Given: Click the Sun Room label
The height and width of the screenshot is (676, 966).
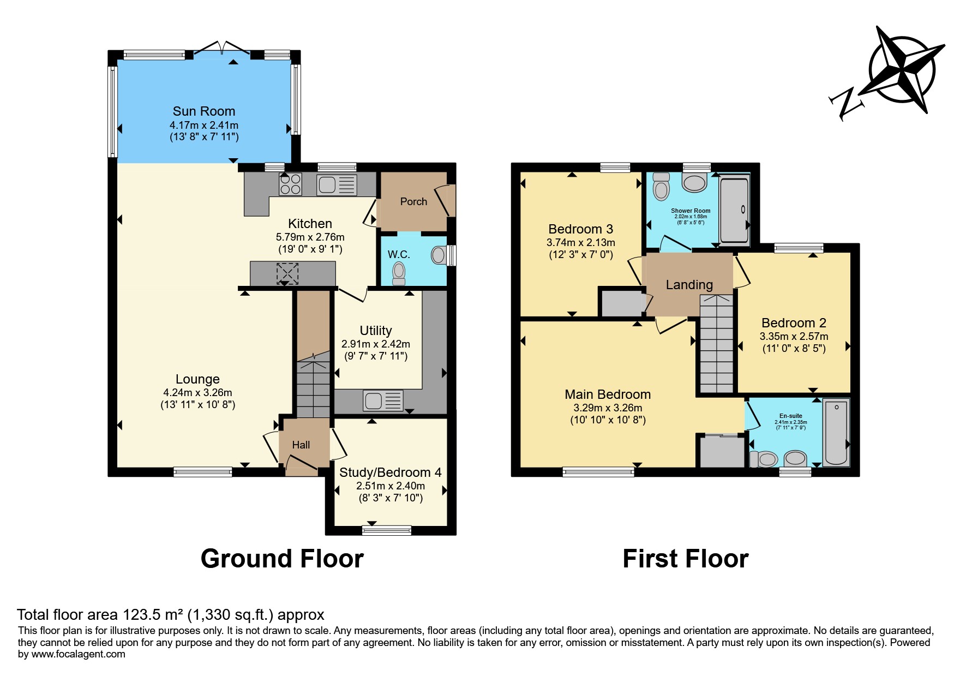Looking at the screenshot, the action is point(204,111).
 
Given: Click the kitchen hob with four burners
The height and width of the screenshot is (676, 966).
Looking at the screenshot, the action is point(290,183).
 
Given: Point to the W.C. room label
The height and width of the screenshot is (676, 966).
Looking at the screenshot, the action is point(399,255).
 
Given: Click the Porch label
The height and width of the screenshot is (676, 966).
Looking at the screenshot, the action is point(413,202).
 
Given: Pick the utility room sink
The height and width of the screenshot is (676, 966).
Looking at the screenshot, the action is point(383,401).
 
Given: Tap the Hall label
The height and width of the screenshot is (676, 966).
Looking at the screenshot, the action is point(301,445).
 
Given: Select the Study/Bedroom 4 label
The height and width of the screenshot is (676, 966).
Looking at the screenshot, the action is point(391,472).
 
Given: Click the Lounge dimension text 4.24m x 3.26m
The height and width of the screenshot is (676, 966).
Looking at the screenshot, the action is point(197,392).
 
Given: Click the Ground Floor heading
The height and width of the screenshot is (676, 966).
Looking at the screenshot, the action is point(282,559).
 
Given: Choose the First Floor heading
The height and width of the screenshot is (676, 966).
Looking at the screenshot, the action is point(686,559).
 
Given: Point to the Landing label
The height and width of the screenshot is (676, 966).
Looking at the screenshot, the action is point(689,285).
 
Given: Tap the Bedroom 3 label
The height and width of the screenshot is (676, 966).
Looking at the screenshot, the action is point(581,229).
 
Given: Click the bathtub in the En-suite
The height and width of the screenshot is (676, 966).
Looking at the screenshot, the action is point(836,433).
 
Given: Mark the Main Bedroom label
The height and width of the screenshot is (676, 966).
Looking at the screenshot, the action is point(608,394).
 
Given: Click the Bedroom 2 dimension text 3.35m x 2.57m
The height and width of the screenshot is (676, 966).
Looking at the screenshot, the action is point(794,337).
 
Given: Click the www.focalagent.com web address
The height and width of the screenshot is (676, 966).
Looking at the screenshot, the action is point(78,654).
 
